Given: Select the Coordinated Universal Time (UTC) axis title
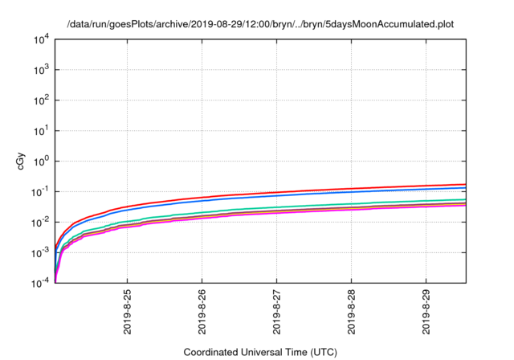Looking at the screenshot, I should [x=260, y=352].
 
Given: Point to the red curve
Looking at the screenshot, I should [x=321, y=190].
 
